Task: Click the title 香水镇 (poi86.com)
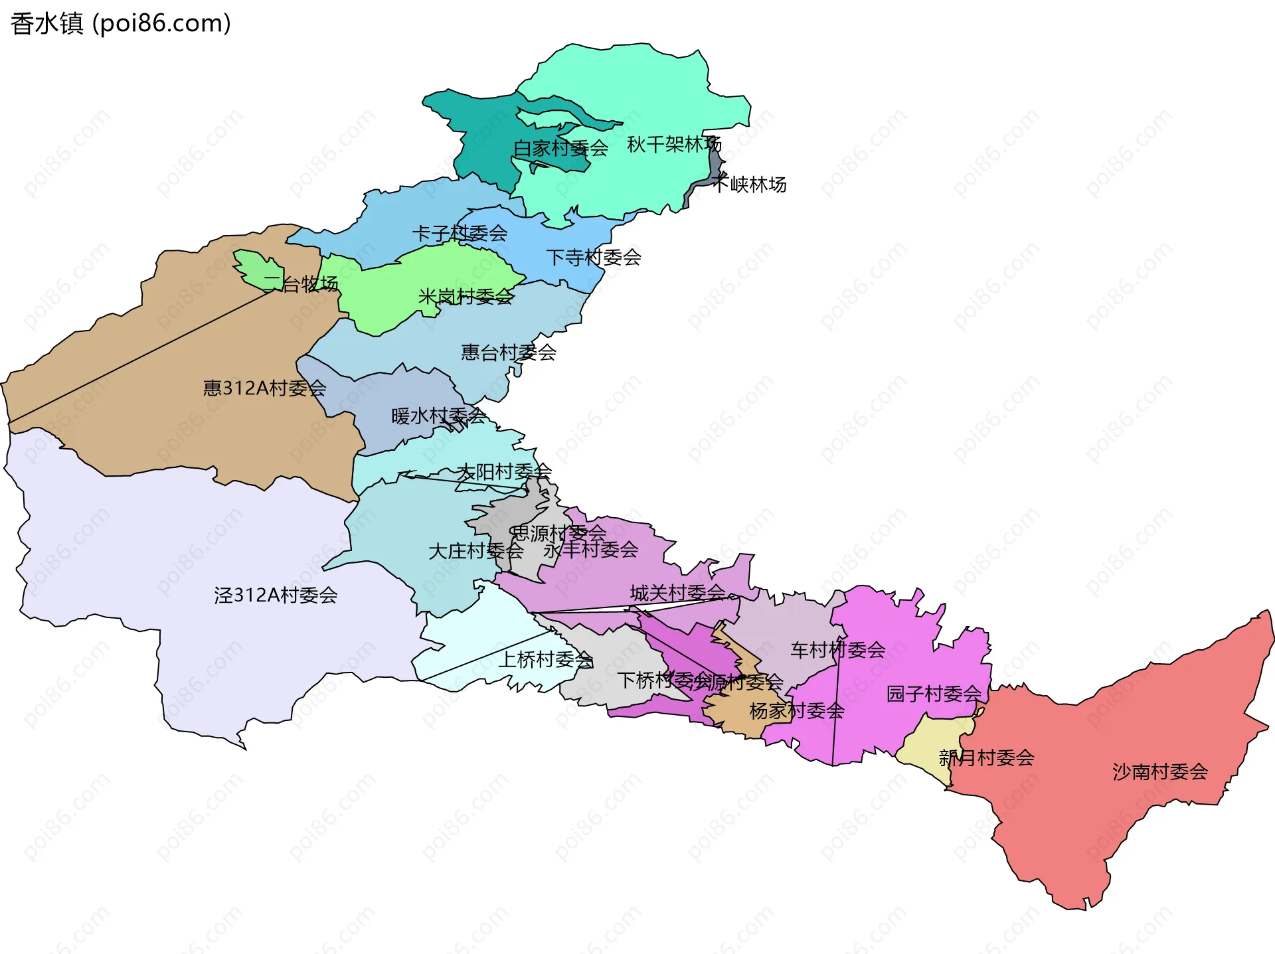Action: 121,23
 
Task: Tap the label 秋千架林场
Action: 673,144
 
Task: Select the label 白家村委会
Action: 560,148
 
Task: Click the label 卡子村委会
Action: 460,233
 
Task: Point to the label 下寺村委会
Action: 593,257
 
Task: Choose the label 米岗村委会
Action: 466,296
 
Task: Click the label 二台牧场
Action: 300,284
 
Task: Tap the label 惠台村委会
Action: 509,352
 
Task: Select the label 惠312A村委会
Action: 264,388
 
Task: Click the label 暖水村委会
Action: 438,416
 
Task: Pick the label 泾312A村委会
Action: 276,595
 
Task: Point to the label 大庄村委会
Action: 475,551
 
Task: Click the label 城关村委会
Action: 677,593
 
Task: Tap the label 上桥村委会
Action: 546,659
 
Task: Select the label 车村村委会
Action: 837,650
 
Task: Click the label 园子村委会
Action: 934,694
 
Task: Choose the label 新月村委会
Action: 986,757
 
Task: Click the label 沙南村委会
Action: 1159,771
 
